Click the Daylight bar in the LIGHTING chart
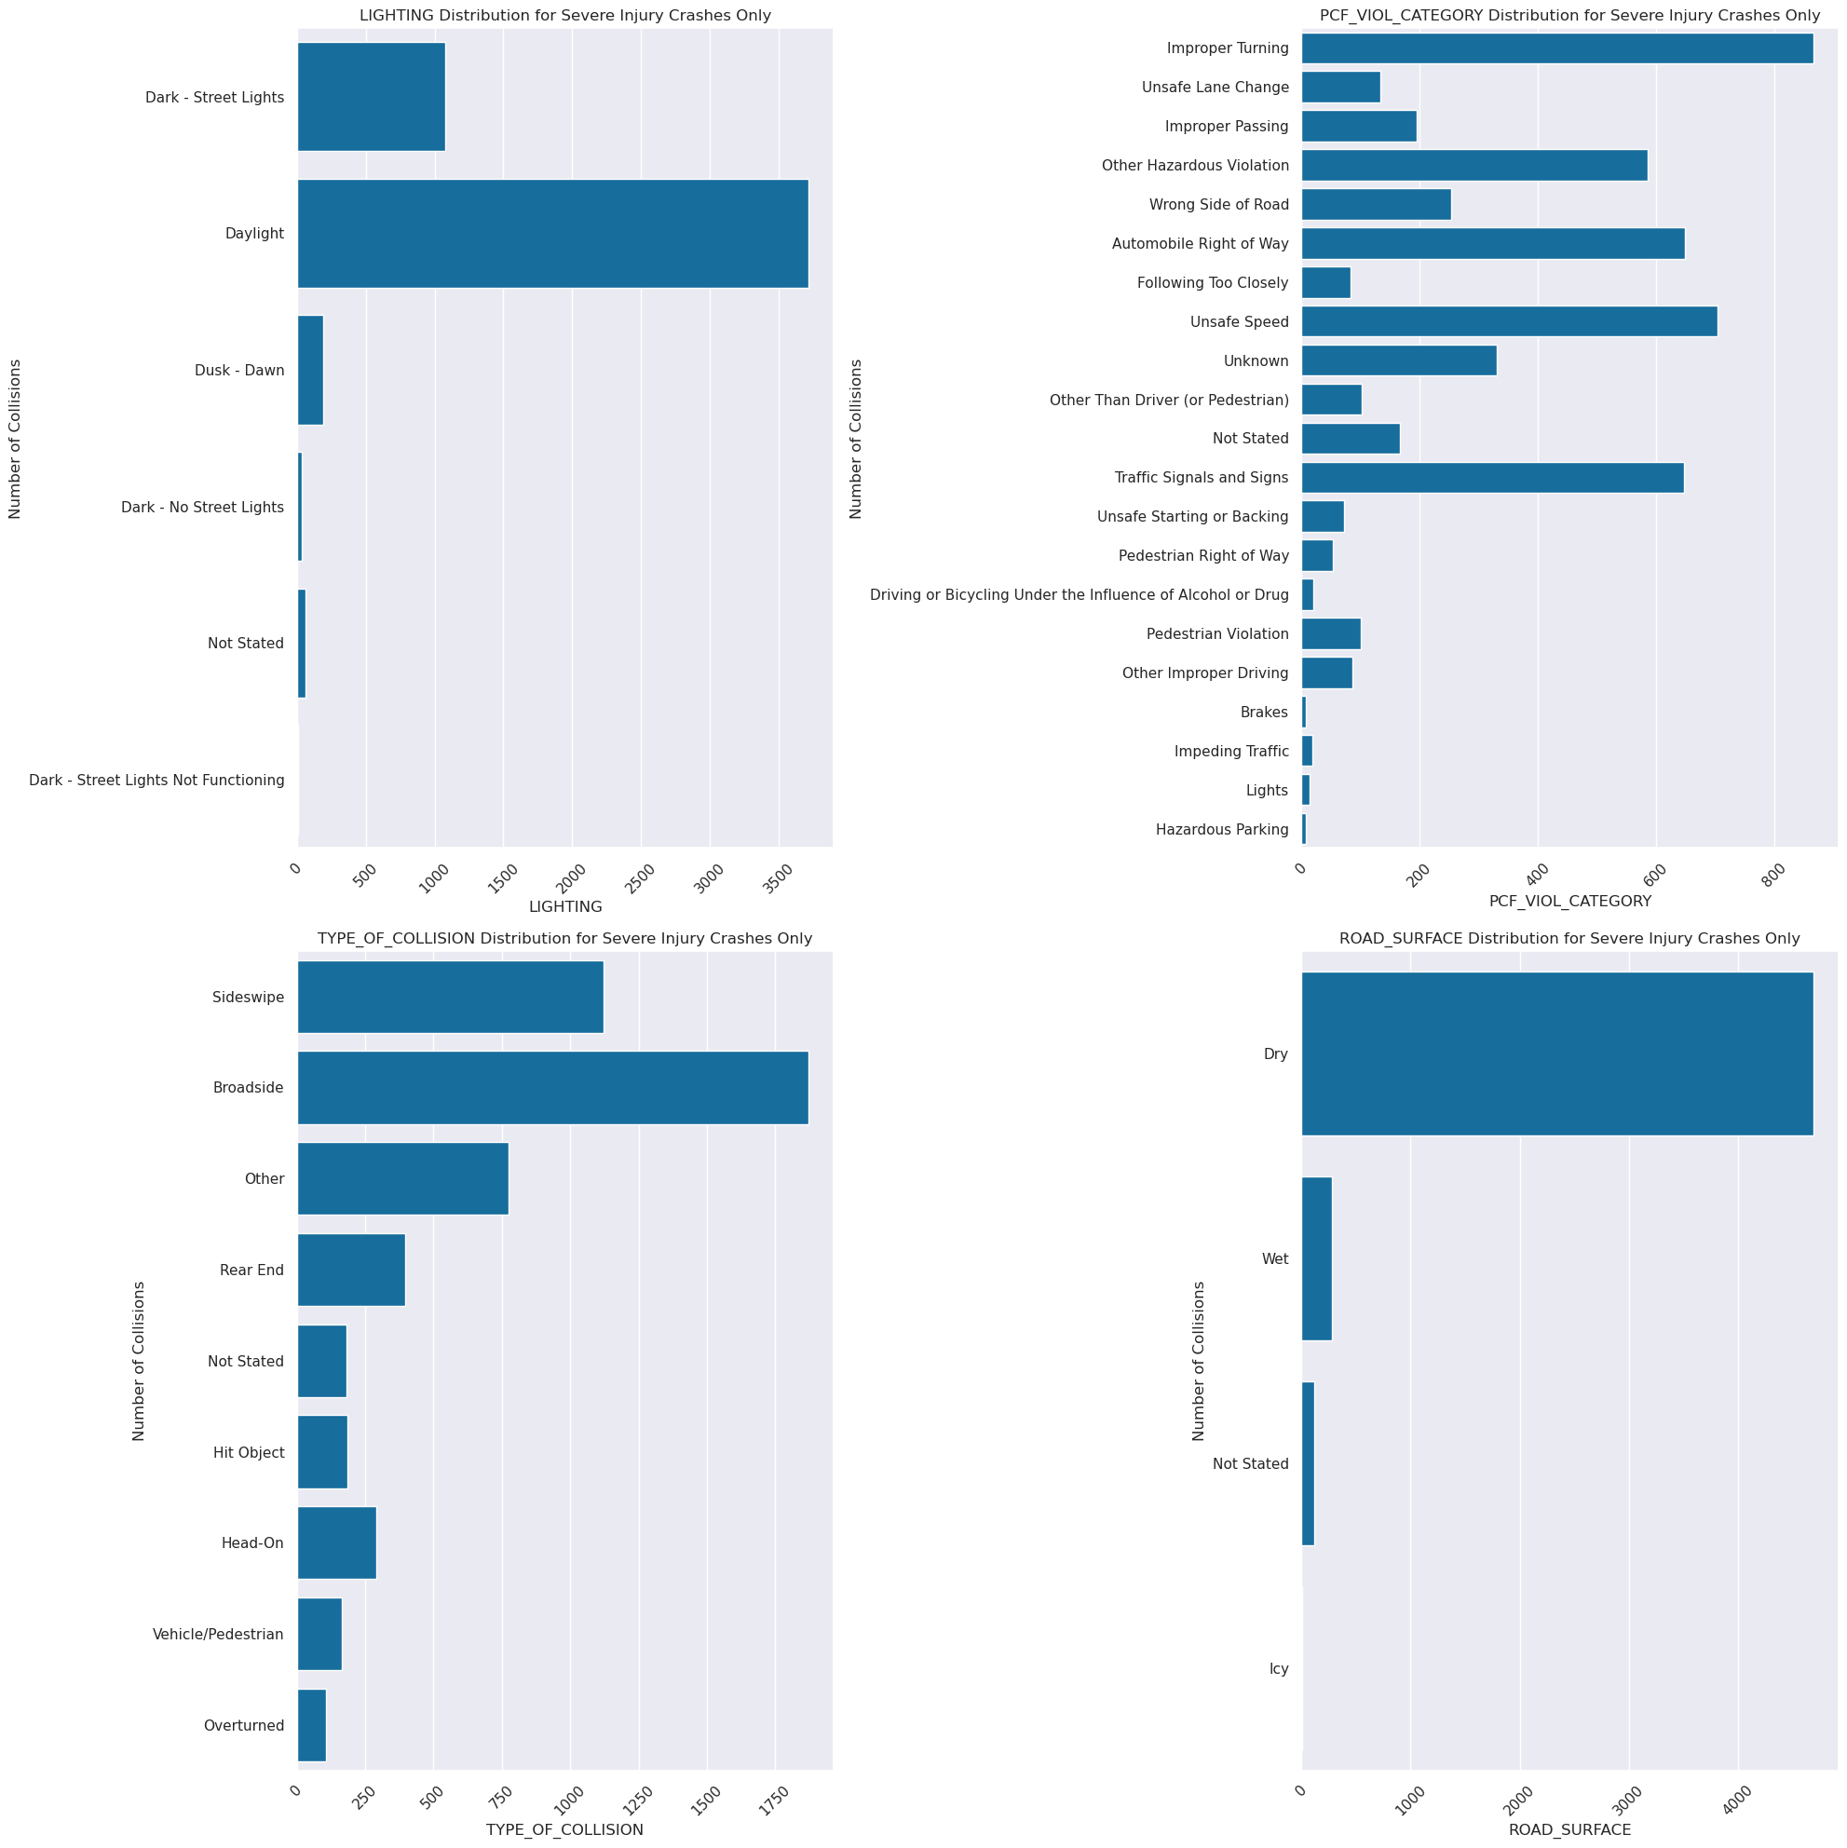pos(553,234)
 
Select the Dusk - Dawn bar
pos(310,370)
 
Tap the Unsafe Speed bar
pos(1508,321)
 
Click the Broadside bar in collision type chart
pos(553,1088)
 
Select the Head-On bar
pos(336,1542)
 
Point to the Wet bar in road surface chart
pos(1316,1258)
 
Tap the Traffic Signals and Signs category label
pos(1201,477)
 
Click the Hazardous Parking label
pos(1221,829)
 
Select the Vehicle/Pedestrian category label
pos(218,1635)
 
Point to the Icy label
pos(1279,1669)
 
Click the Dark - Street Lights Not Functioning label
pos(156,781)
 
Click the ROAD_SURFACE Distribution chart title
pos(1569,938)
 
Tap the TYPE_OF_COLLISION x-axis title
pos(564,1829)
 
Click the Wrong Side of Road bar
pos(1376,205)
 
